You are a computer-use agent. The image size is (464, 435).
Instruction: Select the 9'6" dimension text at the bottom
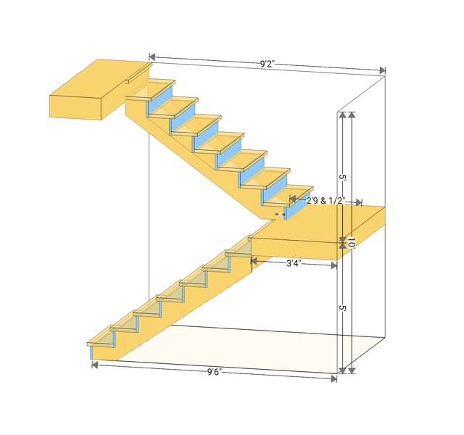click(x=214, y=372)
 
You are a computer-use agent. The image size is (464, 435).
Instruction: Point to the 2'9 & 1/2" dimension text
click(x=325, y=200)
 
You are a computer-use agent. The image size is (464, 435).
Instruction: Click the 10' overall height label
click(x=351, y=242)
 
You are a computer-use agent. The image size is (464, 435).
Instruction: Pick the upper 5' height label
click(x=342, y=177)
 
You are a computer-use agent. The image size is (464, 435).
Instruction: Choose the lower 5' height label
click(x=342, y=308)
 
